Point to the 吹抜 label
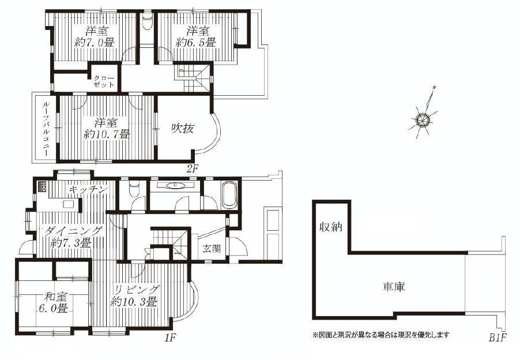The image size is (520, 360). point(182,129)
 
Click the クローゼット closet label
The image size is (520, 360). point(104,81)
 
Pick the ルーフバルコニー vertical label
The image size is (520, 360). point(44,129)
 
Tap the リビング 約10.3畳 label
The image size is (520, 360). point(134,295)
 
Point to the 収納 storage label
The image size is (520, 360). point(330,227)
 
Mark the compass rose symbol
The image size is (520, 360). point(423,119)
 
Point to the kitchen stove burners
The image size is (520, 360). point(42,187)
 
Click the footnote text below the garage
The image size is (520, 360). point(380,334)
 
